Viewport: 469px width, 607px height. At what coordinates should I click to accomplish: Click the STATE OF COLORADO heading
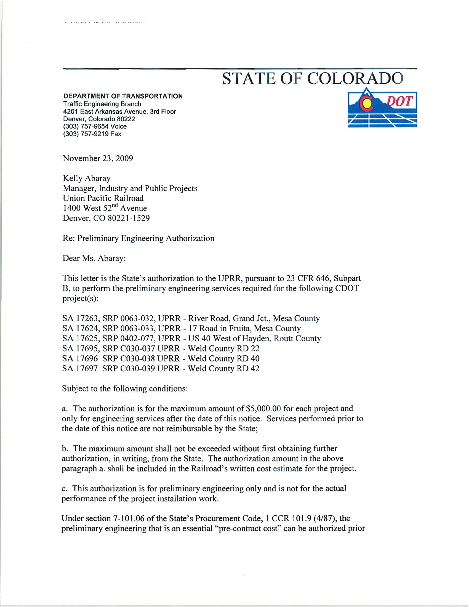point(313,79)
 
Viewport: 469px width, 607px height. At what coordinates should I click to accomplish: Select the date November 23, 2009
point(98,158)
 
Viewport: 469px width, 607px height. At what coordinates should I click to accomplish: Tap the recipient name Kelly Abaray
point(86,178)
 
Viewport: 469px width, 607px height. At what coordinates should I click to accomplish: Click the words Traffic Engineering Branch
point(102,104)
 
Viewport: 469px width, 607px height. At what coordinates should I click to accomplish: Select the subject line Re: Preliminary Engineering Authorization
point(138,238)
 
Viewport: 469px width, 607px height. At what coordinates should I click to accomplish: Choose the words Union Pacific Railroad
point(103,198)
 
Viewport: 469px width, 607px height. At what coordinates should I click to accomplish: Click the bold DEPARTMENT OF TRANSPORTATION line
point(123,96)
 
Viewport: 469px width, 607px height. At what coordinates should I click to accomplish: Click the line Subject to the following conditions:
point(125,388)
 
